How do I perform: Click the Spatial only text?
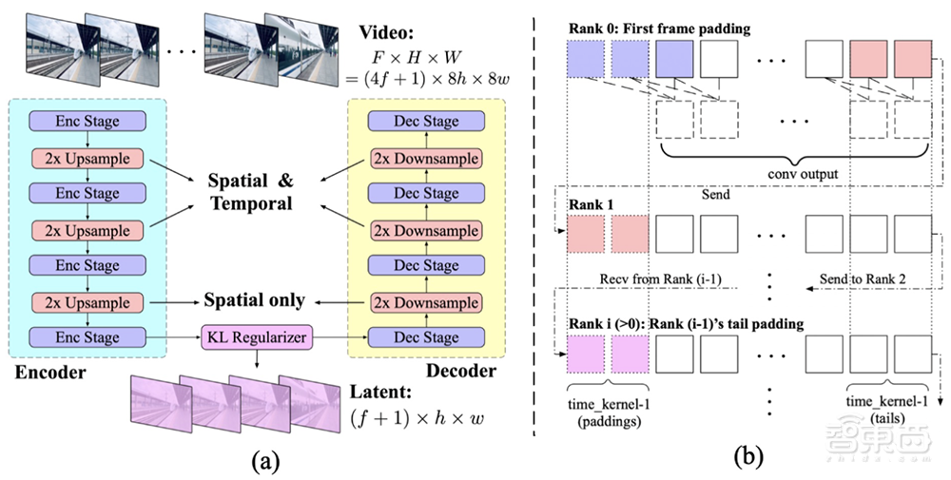click(256, 300)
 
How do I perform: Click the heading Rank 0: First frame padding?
click(657, 29)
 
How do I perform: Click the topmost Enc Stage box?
click(88, 122)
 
